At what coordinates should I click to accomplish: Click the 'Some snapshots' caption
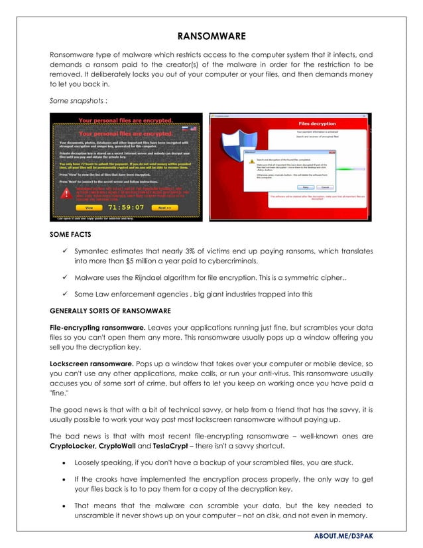78,101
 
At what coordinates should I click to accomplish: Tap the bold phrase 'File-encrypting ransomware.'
97,327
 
